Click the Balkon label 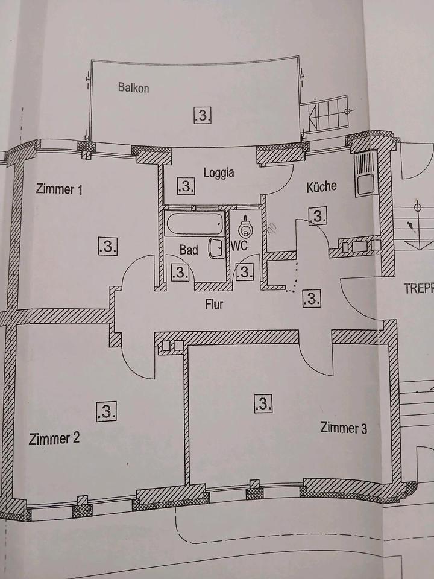click(133, 87)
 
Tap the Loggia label click(218, 172)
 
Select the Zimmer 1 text click(59, 189)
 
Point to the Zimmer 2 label click(54, 438)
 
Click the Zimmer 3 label click(344, 428)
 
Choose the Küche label click(321, 186)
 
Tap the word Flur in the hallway click(214, 304)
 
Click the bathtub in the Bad click(195, 223)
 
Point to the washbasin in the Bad click(216, 248)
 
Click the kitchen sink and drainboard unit click(365, 174)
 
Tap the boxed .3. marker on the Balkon click(203, 116)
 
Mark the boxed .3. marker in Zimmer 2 click(106, 411)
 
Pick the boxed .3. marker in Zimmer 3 click(263, 403)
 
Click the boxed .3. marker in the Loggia click(186, 186)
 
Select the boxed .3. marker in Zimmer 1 click(108, 246)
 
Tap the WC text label click(239, 245)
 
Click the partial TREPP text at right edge click(419, 288)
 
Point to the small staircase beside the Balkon click(324, 115)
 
